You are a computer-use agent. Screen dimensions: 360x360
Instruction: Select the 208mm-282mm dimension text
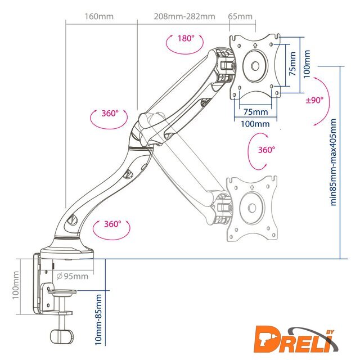(184, 16)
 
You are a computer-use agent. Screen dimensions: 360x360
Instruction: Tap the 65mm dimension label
(240, 16)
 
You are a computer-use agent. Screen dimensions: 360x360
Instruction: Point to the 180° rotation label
(186, 39)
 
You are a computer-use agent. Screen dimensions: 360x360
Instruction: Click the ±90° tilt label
(314, 100)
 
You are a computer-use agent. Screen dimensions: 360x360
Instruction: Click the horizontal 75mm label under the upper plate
(255, 111)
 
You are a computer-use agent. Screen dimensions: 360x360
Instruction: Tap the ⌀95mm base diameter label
(73, 276)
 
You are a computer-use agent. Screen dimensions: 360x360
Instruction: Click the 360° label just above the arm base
(112, 224)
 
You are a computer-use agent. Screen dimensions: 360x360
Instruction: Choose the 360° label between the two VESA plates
(266, 150)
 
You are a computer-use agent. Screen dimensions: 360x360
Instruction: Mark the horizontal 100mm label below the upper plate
(255, 123)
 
